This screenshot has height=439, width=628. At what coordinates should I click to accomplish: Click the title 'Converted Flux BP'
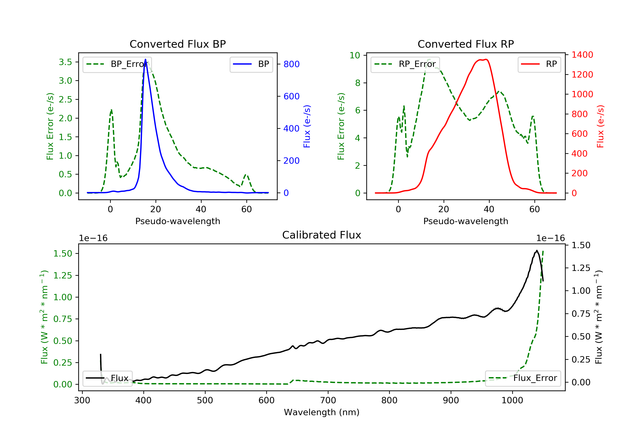point(178,44)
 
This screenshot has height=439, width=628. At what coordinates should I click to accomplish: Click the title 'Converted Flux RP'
point(466,44)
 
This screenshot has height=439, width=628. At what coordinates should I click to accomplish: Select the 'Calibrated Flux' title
point(322,235)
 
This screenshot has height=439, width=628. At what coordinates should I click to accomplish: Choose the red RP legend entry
point(539,64)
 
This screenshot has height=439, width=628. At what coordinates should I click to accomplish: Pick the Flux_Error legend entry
point(523,378)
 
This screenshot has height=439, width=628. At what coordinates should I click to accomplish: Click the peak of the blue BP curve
point(145,59)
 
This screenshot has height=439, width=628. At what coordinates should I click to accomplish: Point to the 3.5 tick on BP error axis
point(66,62)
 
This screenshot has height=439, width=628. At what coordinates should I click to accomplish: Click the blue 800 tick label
point(292,64)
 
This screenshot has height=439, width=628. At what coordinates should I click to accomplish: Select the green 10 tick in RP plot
point(355,55)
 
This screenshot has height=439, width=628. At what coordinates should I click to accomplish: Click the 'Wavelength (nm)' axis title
point(322,412)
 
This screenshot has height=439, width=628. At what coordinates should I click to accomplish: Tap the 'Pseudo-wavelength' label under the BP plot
point(178,221)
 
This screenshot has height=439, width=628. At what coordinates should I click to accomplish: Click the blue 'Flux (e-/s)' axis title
point(307,126)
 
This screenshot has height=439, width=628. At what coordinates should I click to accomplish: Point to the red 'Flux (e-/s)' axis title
point(600,126)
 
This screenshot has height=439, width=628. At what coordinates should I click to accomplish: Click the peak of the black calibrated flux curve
point(537,250)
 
